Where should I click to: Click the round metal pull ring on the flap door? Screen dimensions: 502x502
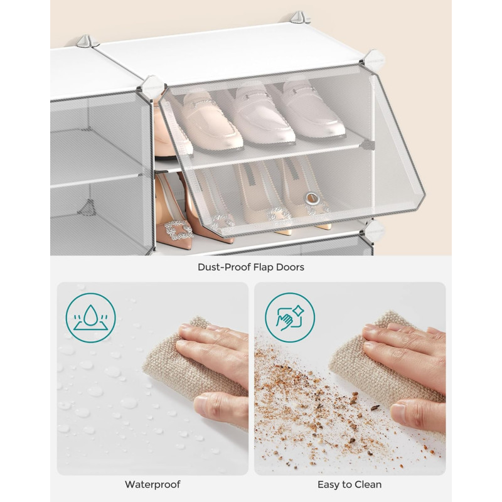coord(312,198)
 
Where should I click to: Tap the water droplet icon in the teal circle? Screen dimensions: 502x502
coord(90,318)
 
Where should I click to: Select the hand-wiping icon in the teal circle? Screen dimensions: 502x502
coord(290,318)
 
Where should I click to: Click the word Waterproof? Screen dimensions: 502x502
coord(152,484)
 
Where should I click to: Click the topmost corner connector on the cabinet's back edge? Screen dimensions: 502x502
coord(299,18)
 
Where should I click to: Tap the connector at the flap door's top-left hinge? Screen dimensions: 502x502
coord(152,86)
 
